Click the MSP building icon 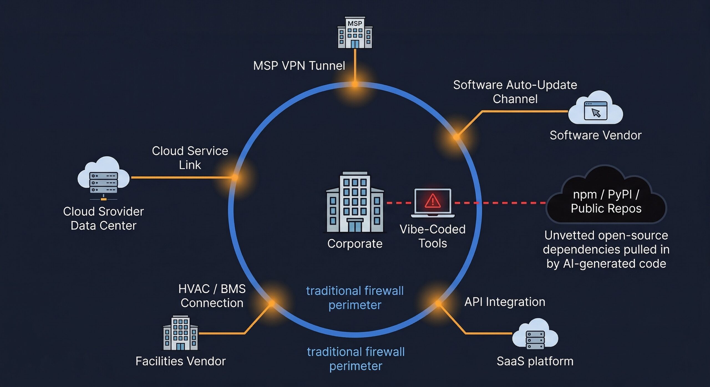[355, 33]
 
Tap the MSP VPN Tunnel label [299, 66]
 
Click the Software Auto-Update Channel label [515, 92]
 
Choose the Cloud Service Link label [190, 158]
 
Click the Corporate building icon [355, 202]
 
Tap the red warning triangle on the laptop [432, 201]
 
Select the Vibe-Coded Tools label [432, 236]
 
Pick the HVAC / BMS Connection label [212, 296]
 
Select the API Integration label [505, 302]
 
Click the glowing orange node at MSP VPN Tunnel [355, 84]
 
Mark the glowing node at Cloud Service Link [235, 177]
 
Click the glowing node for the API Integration [438, 304]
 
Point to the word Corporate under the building [355, 244]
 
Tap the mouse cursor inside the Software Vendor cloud [596, 113]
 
